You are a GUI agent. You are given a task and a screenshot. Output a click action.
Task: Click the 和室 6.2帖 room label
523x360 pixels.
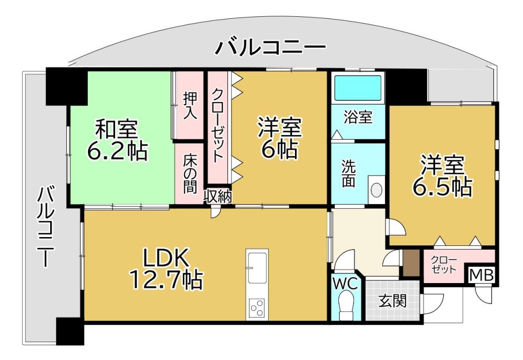(x=117, y=140)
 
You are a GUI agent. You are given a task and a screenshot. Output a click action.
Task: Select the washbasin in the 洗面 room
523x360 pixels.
(x=376, y=189)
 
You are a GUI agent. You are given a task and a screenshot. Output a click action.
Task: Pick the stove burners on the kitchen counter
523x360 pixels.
(x=257, y=308)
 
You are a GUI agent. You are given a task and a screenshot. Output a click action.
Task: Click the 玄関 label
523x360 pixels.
(x=393, y=301)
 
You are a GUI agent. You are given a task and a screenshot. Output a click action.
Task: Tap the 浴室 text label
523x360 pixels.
(x=358, y=117)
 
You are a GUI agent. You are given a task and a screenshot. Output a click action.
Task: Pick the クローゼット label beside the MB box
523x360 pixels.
(x=443, y=264)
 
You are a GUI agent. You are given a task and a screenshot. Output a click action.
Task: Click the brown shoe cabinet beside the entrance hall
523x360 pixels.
(x=410, y=263)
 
